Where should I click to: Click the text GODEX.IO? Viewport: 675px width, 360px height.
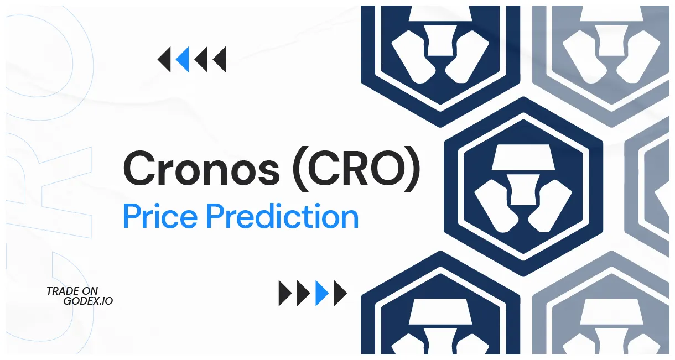(x=89, y=301)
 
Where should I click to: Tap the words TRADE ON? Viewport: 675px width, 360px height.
(x=72, y=291)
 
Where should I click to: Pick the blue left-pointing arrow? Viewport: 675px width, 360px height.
(x=182, y=60)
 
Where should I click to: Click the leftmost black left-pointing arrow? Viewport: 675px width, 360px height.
(x=164, y=60)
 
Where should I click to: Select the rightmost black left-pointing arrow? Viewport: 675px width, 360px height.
(x=220, y=60)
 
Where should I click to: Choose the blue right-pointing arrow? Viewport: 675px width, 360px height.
(x=322, y=293)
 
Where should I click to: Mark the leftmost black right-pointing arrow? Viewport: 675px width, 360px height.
(x=285, y=293)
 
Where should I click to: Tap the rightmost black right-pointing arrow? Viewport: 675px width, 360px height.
(x=340, y=293)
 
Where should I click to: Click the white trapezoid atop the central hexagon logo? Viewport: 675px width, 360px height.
(x=523, y=158)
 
